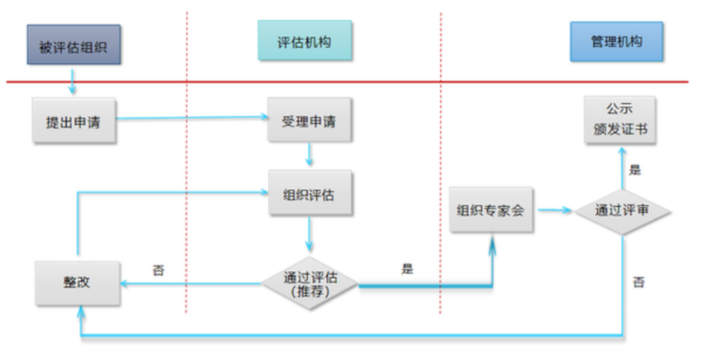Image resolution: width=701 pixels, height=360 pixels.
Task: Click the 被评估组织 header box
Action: (74, 45)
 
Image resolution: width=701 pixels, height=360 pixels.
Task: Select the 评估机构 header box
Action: (304, 41)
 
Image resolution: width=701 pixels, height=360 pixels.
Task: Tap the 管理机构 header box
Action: (616, 41)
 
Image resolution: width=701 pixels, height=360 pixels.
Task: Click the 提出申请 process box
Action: (74, 121)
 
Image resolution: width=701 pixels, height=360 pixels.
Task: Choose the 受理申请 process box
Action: (309, 121)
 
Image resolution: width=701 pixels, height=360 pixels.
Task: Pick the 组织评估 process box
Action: (309, 194)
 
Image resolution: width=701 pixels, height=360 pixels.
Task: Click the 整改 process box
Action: (77, 283)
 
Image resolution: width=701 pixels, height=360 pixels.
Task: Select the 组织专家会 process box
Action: (491, 210)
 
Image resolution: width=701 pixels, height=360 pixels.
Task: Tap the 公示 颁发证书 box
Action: (620, 120)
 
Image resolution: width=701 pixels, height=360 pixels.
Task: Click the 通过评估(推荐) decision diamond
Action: (309, 284)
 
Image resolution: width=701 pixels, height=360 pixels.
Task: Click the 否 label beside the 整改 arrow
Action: (159, 270)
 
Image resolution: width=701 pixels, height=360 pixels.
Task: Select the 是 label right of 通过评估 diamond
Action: (407, 268)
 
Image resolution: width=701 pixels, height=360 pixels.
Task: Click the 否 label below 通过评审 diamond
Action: (638, 282)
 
